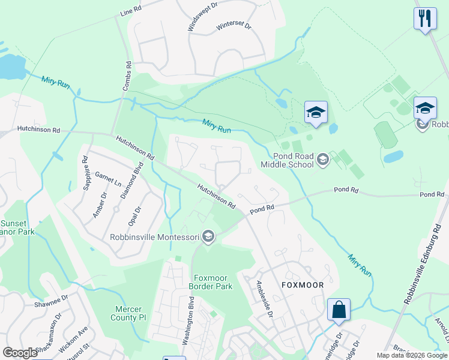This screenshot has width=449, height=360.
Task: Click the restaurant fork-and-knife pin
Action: [424, 17]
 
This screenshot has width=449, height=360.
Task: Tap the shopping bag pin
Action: [339, 310]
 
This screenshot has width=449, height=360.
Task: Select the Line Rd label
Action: [130, 11]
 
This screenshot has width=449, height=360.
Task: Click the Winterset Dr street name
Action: [234, 26]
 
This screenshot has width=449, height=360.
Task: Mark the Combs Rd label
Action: [127, 76]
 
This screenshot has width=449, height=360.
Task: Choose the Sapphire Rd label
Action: [85, 173]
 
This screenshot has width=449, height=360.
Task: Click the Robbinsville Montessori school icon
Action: [208, 236]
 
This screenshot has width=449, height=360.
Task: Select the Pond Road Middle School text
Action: [287, 160]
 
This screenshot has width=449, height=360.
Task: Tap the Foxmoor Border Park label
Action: [209, 282]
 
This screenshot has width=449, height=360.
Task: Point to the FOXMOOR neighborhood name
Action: [303, 285]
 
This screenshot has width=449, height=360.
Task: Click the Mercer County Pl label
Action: [130, 313]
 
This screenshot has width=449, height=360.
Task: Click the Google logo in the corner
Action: [20, 353]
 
